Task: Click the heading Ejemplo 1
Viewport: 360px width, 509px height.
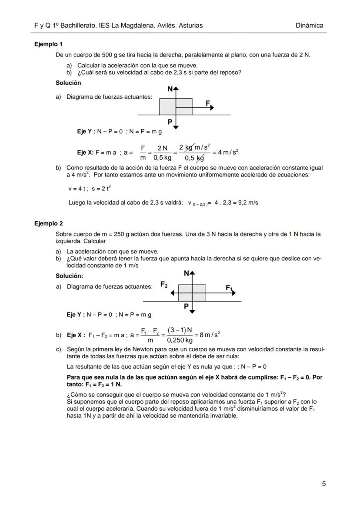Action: coord(48,44)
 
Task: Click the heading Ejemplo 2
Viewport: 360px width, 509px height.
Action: coord(48,223)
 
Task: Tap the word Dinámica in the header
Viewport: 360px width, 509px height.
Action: coord(309,26)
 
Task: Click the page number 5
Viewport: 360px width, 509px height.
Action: coord(323,484)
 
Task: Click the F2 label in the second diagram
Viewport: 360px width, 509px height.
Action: coord(164,285)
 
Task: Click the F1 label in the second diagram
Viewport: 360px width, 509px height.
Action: coord(229,287)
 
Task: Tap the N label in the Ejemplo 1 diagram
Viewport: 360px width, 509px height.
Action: coord(170,89)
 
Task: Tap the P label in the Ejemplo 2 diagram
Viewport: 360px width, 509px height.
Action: coord(186,306)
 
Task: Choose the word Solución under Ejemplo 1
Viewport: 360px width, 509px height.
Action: coord(68,83)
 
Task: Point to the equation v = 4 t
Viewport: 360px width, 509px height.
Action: coord(77,189)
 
